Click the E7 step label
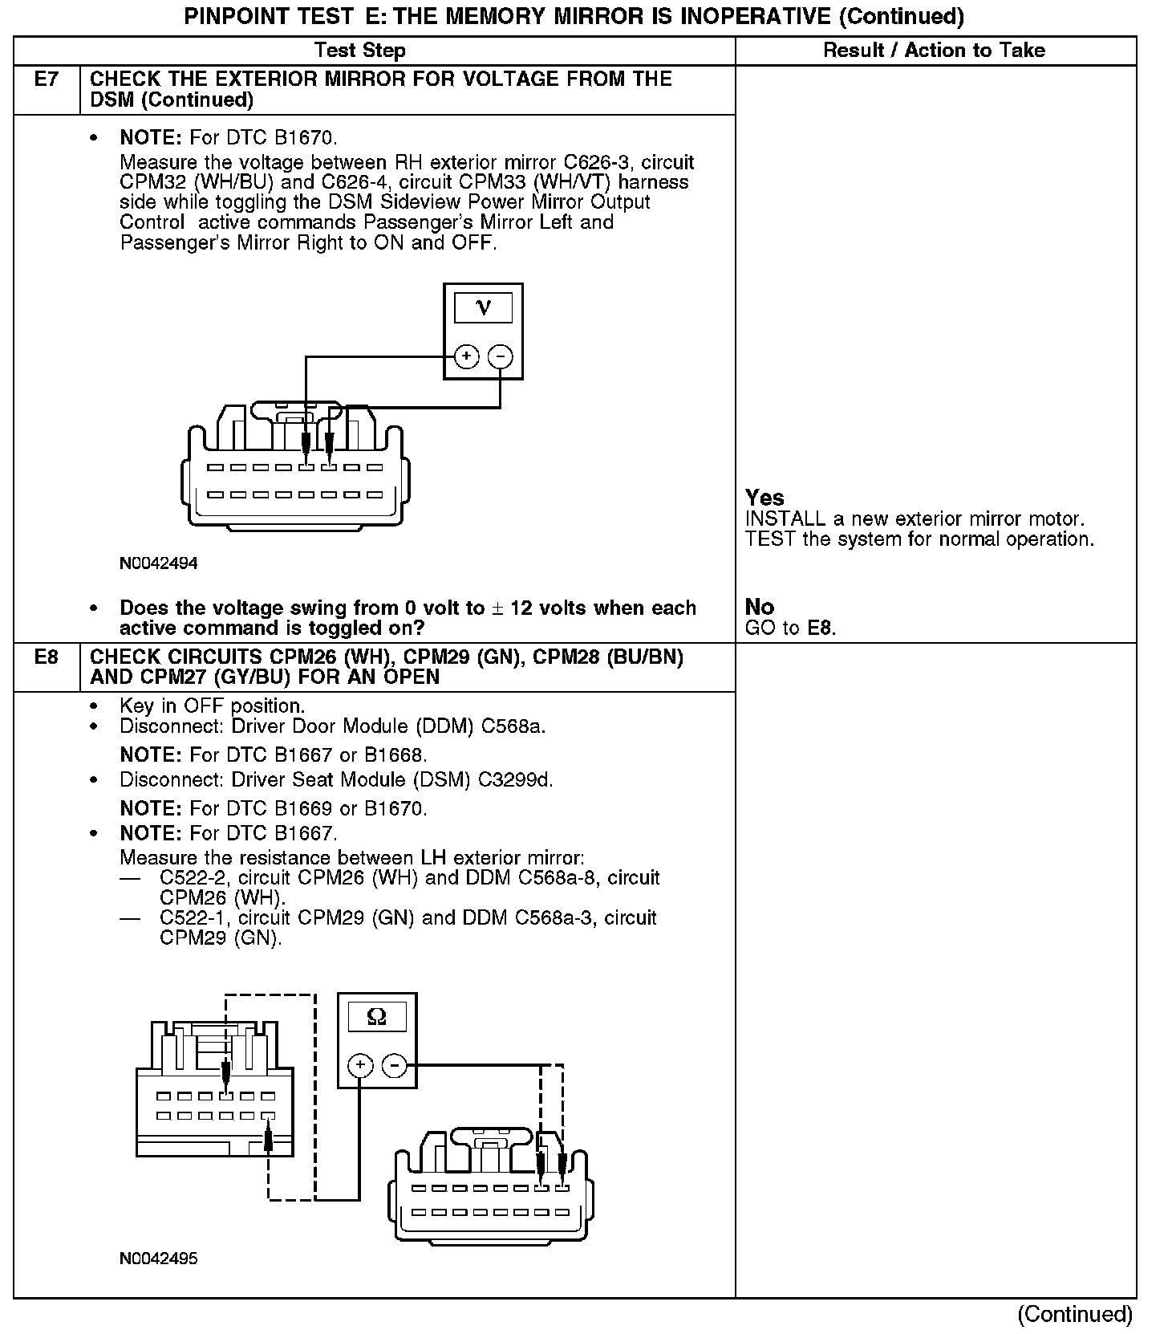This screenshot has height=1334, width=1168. (46, 79)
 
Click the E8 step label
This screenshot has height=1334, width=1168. (46, 657)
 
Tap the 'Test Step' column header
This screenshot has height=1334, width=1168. (360, 51)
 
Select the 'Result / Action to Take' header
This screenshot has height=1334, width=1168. (935, 51)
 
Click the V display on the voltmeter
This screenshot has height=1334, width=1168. (483, 307)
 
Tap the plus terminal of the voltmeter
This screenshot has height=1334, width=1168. (467, 356)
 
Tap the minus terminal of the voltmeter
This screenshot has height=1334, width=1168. (501, 356)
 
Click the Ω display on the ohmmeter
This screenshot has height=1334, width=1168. (376, 1018)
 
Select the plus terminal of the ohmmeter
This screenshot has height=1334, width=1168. (360, 1066)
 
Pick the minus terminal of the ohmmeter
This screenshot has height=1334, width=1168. (394, 1066)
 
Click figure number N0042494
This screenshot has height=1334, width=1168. (159, 563)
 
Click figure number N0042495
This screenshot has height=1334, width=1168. (159, 1259)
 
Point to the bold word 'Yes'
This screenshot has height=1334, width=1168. (764, 498)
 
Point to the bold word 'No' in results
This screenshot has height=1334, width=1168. (759, 607)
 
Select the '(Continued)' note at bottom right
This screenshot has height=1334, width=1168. (1075, 1314)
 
